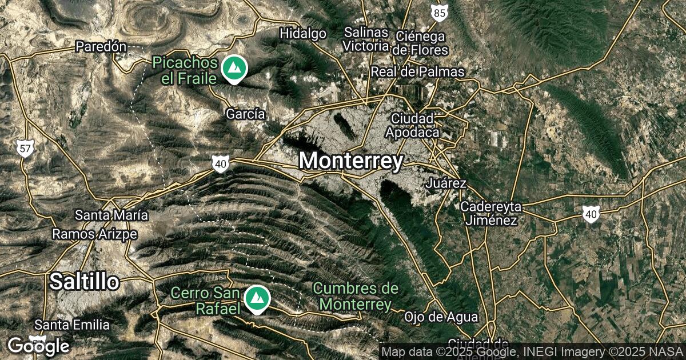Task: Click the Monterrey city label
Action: (x=351, y=161)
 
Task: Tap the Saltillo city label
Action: (x=85, y=281)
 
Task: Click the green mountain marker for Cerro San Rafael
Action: (x=257, y=299)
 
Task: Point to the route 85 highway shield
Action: (x=439, y=13)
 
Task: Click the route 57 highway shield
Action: (x=25, y=150)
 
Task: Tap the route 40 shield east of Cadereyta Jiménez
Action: (x=591, y=214)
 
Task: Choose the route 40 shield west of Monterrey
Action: (x=221, y=165)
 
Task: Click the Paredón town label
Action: (x=101, y=47)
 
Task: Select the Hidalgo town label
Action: (x=302, y=34)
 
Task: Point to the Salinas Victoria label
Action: (x=366, y=39)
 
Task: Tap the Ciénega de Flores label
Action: (x=420, y=43)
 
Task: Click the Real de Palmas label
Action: (x=417, y=72)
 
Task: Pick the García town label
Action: (x=245, y=114)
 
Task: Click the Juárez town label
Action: (x=446, y=183)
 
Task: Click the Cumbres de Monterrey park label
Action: (x=355, y=296)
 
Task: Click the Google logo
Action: (x=38, y=346)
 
